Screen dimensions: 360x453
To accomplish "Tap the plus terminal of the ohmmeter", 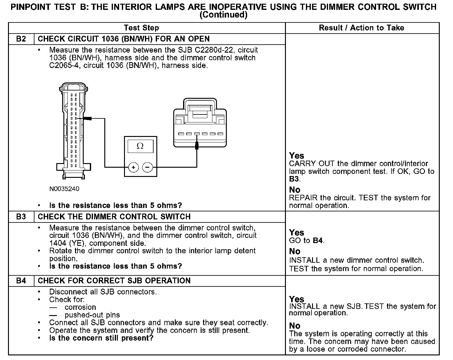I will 133,167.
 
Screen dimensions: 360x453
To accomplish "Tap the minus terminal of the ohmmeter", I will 148,167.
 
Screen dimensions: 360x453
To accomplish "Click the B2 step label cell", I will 21,39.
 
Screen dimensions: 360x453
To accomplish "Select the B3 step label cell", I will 21,217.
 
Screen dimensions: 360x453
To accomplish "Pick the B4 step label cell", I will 21,281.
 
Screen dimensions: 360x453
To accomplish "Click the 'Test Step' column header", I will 141,28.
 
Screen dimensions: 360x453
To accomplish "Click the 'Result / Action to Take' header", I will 361,28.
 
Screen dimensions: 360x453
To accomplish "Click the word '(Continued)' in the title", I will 223,15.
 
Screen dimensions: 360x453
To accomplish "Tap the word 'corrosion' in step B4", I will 80,307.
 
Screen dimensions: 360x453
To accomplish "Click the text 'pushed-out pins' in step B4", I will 92,315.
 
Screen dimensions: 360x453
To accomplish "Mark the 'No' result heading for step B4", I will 295,326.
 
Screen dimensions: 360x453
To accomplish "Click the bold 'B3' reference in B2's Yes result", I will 294,179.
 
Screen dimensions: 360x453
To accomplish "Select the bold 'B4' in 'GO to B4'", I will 318,241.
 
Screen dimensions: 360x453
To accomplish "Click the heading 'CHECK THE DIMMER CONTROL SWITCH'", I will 114,217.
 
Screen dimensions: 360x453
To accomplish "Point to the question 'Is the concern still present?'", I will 101,338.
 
